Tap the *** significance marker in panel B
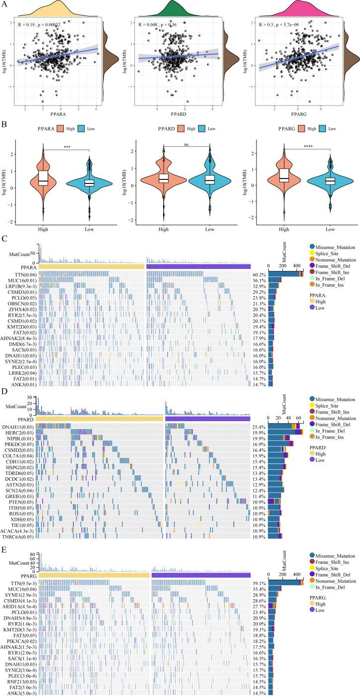tap(66, 149)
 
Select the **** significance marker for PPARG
tap(307, 146)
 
